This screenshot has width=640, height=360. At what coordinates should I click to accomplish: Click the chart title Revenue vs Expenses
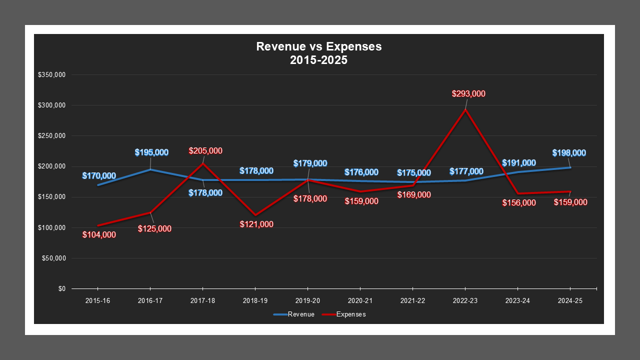(318, 47)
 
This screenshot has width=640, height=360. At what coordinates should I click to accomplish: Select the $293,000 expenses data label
(468, 93)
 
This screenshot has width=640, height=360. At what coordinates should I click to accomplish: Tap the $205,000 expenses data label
(205, 150)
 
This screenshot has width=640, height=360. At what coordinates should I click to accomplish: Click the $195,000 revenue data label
(151, 152)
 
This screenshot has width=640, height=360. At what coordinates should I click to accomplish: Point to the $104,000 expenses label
(99, 234)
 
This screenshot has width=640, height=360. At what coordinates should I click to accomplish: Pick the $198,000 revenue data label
(569, 153)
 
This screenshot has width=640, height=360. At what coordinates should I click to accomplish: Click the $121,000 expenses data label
(256, 224)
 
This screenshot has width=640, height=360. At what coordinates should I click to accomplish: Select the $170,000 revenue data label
(99, 176)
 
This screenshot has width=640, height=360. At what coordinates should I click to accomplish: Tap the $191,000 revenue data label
(519, 162)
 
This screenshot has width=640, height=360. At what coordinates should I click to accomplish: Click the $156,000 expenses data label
(519, 202)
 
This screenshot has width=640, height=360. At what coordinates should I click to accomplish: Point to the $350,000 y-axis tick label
(51, 75)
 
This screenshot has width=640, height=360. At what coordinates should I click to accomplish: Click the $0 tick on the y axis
(61, 289)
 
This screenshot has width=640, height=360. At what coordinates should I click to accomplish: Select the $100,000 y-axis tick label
(51, 228)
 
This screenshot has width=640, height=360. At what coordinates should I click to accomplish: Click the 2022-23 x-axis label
(465, 301)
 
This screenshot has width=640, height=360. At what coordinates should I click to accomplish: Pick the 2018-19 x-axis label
(255, 301)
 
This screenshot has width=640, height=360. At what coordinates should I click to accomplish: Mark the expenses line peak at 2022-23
(465, 109)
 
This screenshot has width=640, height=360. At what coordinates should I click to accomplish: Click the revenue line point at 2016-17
(150, 169)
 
